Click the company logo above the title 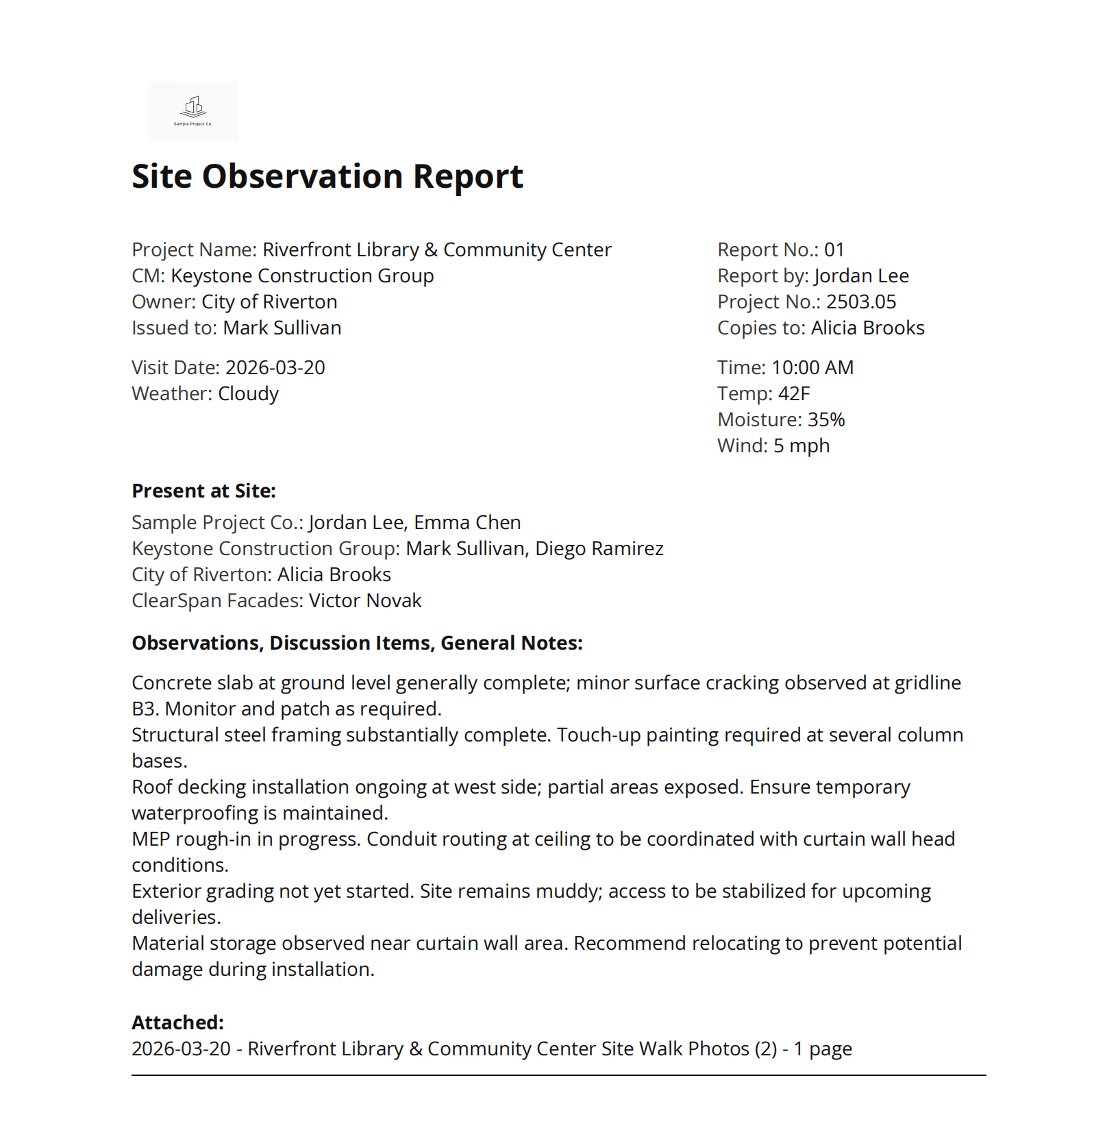193,111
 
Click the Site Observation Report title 327,177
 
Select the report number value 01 834,250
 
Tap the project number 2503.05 860,302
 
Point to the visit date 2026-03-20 275,368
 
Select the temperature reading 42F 794,394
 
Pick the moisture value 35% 826,420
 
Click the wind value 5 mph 801,446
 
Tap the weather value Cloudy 248,394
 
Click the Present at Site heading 203,491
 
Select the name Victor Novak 364,601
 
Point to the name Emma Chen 467,523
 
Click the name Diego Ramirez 599,549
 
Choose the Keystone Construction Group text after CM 301,276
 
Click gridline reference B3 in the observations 144,709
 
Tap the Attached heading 177,1023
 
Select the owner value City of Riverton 269,302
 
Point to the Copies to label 760,328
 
